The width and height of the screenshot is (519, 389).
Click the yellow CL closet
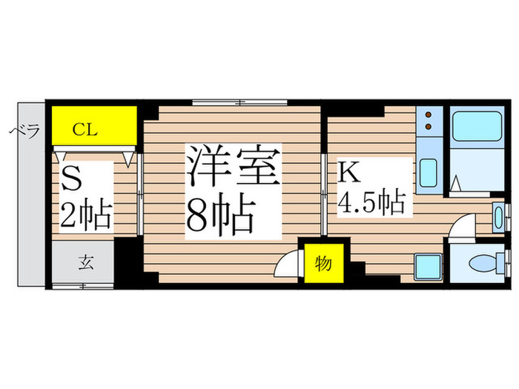coord(94,128)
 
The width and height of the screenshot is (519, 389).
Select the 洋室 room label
coord(231,167)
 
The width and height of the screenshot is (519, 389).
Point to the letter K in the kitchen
coord(348,171)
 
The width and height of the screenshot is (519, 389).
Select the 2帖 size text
coord(85,215)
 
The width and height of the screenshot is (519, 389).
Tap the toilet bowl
coord(490,262)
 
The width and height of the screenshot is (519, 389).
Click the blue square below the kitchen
coord(429,265)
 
